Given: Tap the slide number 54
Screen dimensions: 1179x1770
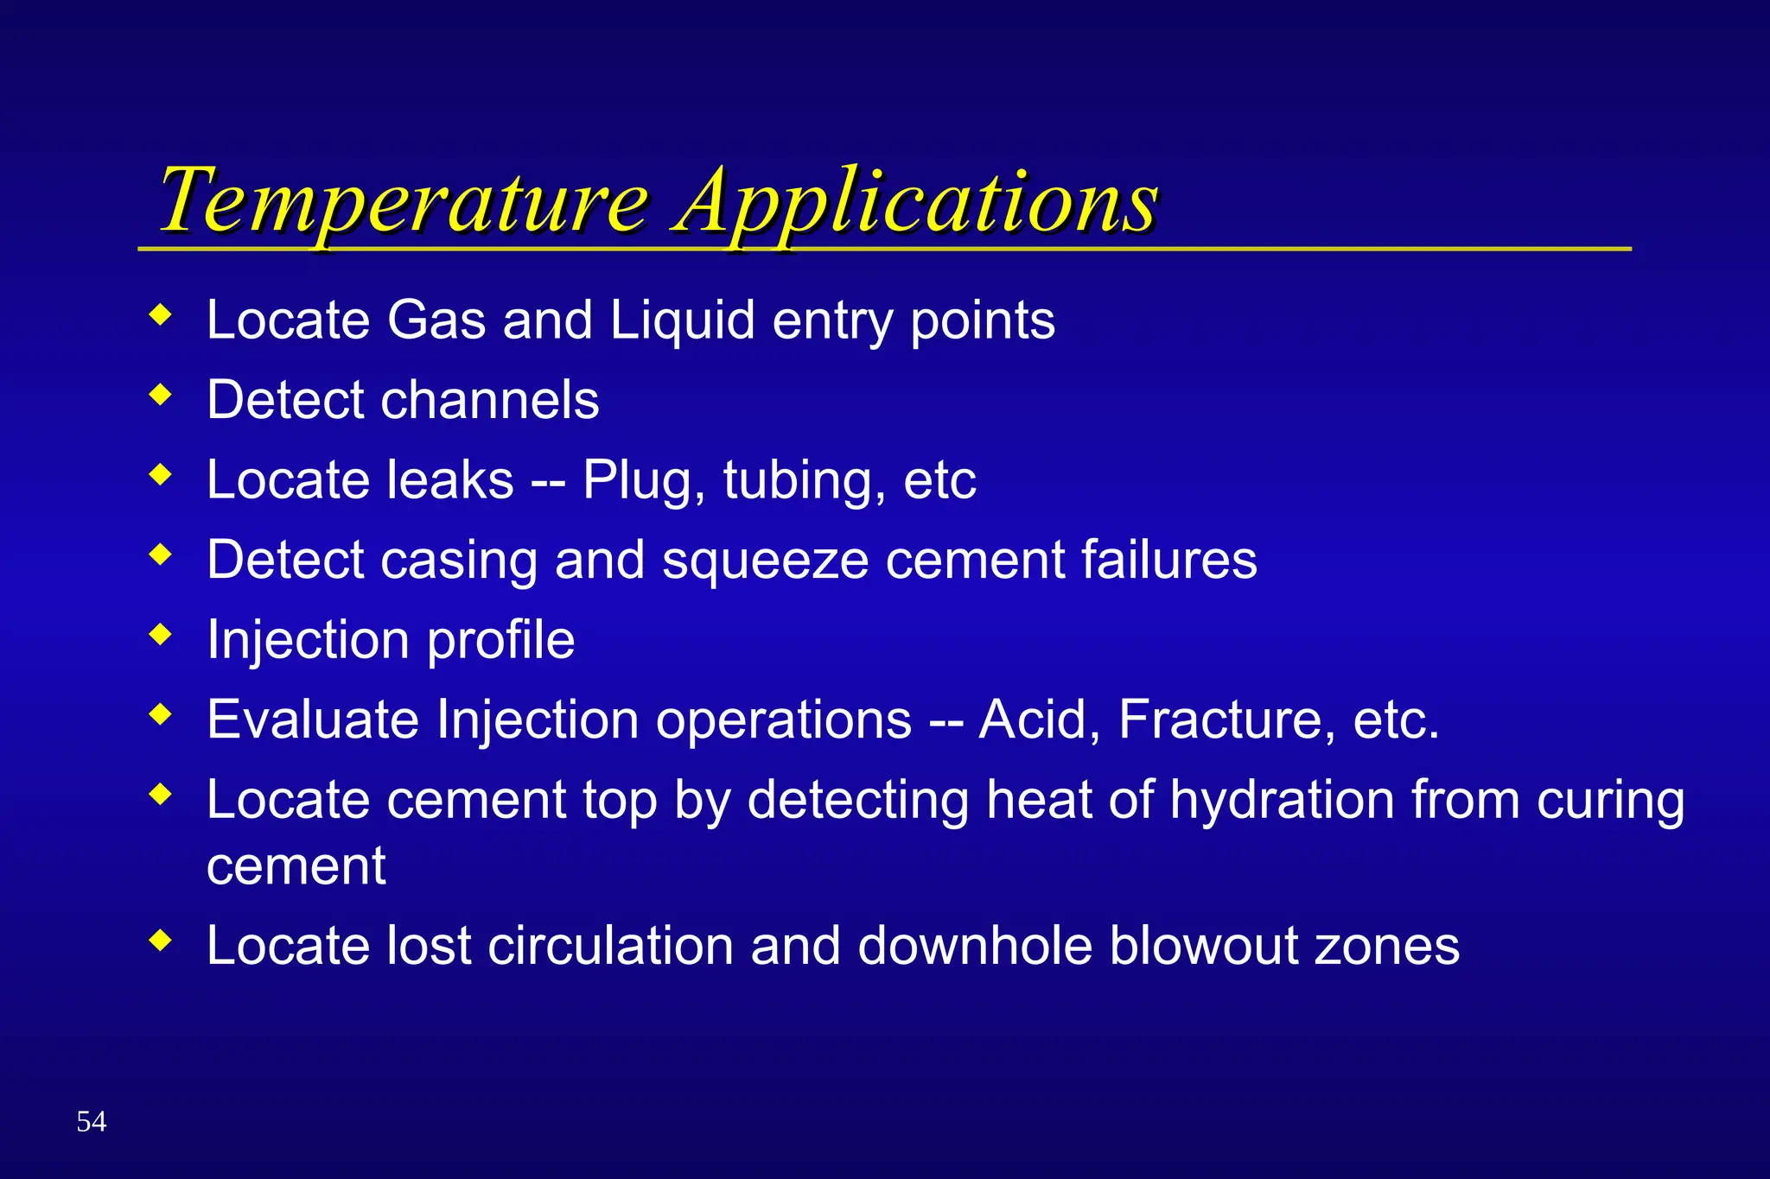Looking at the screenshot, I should pos(92,1121).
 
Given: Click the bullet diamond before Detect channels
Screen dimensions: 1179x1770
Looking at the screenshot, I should pos(161,396).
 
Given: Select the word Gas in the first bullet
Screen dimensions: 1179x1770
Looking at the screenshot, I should pos(436,320).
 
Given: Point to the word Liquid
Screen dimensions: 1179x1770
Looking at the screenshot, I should pos(682,320).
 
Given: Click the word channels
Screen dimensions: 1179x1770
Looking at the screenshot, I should pos(490,401).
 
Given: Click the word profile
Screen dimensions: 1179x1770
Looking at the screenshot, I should pos(500,641).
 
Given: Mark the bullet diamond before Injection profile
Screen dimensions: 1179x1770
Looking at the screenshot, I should pos(161,635).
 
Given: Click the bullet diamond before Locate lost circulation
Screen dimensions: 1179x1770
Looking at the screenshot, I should pos(161,940).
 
